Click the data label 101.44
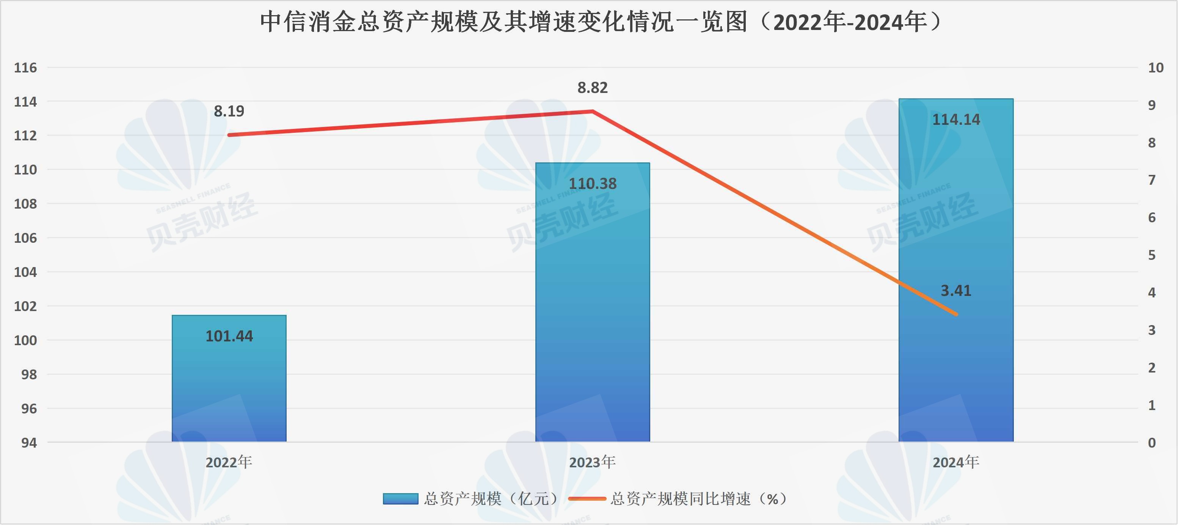(229, 336)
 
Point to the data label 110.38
(593, 184)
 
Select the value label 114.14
(956, 120)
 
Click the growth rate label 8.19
(229, 111)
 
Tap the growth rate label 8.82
(593, 87)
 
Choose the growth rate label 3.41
(956, 291)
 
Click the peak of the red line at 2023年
(593, 111)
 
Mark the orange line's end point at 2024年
(956, 314)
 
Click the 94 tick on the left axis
(29, 443)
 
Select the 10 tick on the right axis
(1156, 68)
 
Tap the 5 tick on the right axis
(1152, 255)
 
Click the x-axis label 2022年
(229, 462)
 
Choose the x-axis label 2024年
(956, 462)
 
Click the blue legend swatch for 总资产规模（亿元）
(401, 498)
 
